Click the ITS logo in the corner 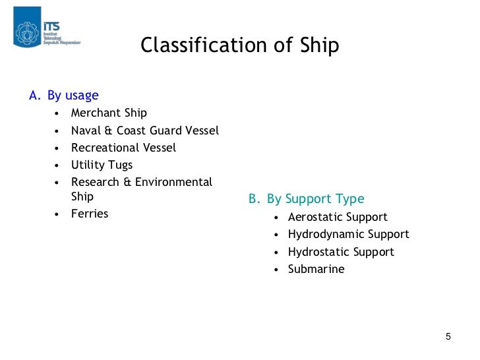point(46,28)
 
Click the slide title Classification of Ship point(239,45)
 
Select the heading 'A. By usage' point(64,96)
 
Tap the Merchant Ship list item point(109,113)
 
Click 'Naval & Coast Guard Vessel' point(144,131)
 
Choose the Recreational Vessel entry point(123,148)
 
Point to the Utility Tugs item point(102,165)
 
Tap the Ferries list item point(89,214)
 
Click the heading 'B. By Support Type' point(306,198)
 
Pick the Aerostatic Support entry point(338,217)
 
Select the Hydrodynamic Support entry point(348,234)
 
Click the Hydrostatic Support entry point(341,252)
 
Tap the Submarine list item point(316,269)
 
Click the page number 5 point(448,337)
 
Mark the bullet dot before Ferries point(57,214)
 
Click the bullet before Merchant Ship point(57,114)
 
